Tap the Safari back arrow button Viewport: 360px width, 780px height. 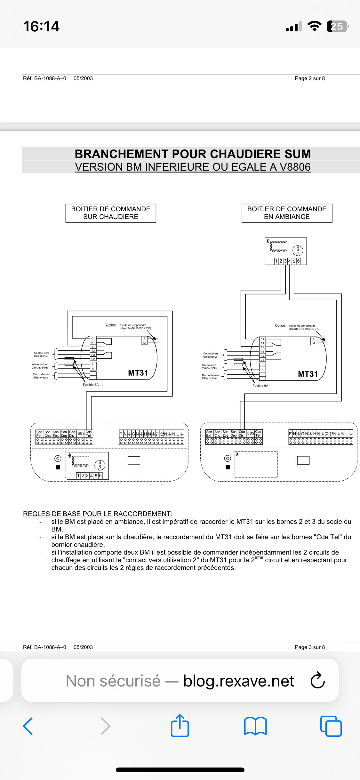pyautogui.click(x=28, y=726)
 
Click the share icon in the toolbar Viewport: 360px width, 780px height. pyautogui.click(x=180, y=726)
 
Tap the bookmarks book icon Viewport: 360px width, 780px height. pyautogui.click(x=255, y=726)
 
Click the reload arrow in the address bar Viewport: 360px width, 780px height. pyautogui.click(x=318, y=680)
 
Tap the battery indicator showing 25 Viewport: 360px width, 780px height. pyautogui.click(x=337, y=26)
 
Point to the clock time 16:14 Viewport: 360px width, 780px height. pyautogui.click(x=41, y=26)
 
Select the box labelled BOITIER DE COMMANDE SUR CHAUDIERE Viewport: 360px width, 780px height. pyautogui.click(x=111, y=213)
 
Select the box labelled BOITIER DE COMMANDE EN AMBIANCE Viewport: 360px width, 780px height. pyautogui.click(x=287, y=213)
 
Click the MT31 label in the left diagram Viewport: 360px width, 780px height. pyautogui.click(x=138, y=373)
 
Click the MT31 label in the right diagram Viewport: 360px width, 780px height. pyautogui.click(x=308, y=374)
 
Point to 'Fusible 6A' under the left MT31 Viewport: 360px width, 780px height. pyautogui.click(x=91, y=385)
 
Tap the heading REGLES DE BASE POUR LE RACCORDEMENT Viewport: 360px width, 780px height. pyautogui.click(x=98, y=514)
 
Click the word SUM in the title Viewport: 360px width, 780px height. pyautogui.click(x=297, y=154)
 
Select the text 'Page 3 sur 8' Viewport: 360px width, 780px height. pyautogui.click(x=310, y=647)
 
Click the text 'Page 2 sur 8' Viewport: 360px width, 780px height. pyautogui.click(x=310, y=78)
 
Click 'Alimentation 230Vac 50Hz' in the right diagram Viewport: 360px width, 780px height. pyautogui.click(x=209, y=367)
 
